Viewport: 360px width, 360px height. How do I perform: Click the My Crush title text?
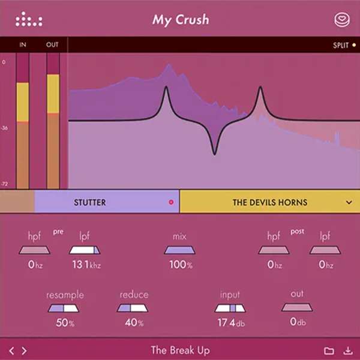click(180, 20)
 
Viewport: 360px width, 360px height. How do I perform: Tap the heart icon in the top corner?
click(341, 20)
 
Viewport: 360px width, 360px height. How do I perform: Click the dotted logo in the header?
click(29, 20)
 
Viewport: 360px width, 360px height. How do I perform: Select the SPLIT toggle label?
click(340, 45)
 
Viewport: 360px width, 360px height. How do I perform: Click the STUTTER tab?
click(89, 202)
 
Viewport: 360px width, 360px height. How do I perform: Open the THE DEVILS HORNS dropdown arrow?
click(349, 202)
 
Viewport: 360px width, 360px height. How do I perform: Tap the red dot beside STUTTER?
click(171, 202)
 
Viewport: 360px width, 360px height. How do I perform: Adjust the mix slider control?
click(180, 250)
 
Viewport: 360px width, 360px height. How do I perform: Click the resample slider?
click(63, 308)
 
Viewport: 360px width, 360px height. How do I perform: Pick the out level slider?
click(297, 307)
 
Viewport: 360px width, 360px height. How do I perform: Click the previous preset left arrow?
click(11, 350)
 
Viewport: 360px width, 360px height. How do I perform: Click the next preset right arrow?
click(24, 350)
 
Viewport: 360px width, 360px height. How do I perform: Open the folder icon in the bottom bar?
click(329, 350)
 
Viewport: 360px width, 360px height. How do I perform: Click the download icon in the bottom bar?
click(347, 350)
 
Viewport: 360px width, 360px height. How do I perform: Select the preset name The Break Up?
click(180, 350)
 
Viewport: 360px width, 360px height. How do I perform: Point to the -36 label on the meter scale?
click(5, 128)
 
